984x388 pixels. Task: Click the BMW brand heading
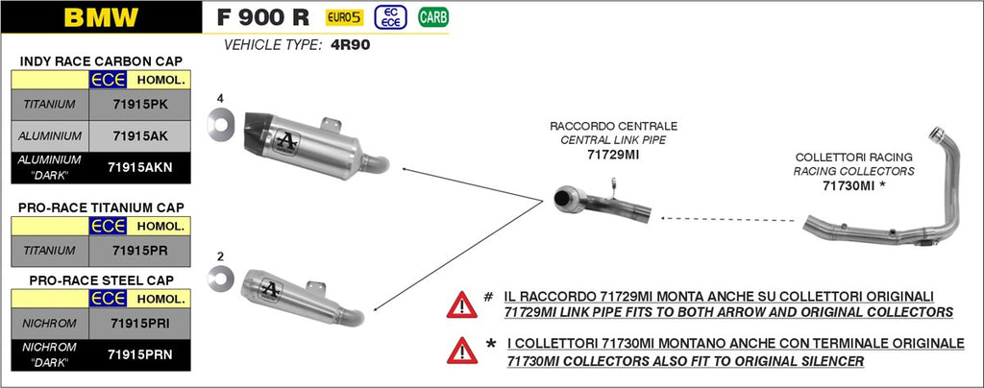tap(100, 16)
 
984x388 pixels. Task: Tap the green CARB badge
tap(432, 16)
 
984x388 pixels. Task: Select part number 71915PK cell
tap(140, 103)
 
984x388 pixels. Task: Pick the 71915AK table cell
tap(140, 135)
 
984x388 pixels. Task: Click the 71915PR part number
tap(140, 250)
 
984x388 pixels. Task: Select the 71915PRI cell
tap(140, 323)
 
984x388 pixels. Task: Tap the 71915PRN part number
tap(140, 354)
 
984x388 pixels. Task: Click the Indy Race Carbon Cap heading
tap(101, 61)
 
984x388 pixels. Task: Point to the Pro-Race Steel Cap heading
tap(101, 280)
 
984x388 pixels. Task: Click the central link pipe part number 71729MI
tap(613, 154)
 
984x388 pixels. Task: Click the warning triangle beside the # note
tap(461, 304)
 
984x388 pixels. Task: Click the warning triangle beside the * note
tap(461, 351)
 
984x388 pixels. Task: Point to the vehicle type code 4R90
tap(351, 45)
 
